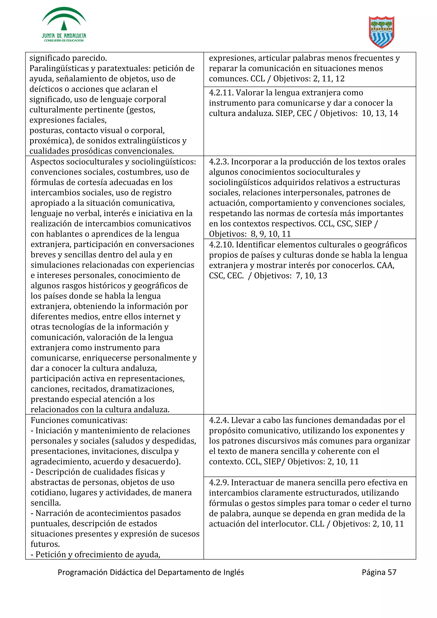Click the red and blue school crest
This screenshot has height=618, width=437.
pos(381,32)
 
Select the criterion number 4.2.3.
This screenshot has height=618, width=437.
pos(219,162)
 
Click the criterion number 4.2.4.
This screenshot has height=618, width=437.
pos(219,421)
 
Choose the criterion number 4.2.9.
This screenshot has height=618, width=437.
pos(219,483)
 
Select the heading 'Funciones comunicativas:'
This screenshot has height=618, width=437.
pos(79,421)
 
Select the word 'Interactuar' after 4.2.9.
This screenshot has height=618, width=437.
pos(253,483)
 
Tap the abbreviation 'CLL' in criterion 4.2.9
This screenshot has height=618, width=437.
pos(317,524)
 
